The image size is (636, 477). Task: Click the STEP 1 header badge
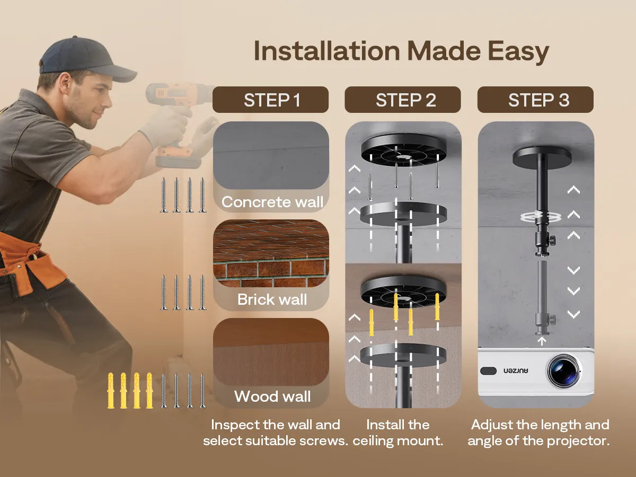[270, 100]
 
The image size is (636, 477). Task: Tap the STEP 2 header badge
[403, 100]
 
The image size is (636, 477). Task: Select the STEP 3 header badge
[535, 100]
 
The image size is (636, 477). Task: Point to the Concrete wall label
[272, 202]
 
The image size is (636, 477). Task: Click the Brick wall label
[272, 299]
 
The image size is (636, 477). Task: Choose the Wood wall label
[272, 396]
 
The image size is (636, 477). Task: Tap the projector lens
[563, 370]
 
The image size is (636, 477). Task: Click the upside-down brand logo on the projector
[516, 371]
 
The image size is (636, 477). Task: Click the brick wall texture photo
[271, 253]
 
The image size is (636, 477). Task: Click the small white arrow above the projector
[542, 341]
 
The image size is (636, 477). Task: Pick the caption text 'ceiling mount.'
[398, 441]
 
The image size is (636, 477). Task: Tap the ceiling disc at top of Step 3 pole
[542, 157]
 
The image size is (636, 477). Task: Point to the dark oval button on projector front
[488, 370]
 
